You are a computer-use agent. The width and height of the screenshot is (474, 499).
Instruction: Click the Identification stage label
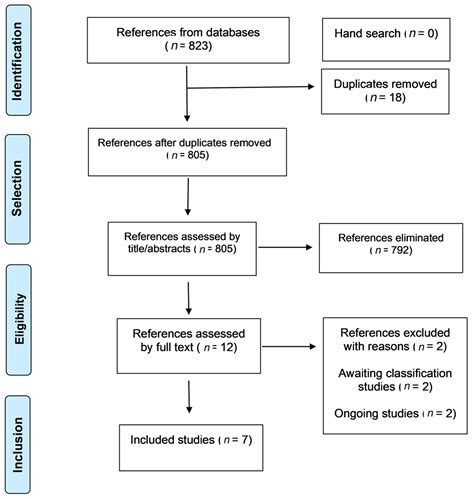pyautogui.click(x=17, y=61)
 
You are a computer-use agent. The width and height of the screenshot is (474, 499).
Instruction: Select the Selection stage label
pyautogui.click(x=17, y=189)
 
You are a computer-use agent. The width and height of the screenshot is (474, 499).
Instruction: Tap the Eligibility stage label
pyautogui.click(x=19, y=319)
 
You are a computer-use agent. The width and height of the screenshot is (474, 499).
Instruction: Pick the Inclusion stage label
pyautogui.click(x=18, y=445)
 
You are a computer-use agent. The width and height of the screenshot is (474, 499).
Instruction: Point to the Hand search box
pyautogui.click(x=386, y=40)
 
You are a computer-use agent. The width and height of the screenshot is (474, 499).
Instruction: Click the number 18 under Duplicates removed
pyautogui.click(x=395, y=97)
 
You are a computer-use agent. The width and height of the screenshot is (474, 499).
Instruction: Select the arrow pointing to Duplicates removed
pyautogui.click(x=251, y=87)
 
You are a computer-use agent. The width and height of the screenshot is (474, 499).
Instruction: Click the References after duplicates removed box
pyautogui.click(x=187, y=152)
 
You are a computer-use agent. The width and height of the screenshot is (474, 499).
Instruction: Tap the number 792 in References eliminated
pyautogui.click(x=400, y=250)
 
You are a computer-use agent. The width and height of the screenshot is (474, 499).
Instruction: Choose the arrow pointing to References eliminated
pyautogui.click(x=285, y=247)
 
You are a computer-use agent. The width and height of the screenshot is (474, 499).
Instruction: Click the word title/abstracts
pyautogui.click(x=159, y=249)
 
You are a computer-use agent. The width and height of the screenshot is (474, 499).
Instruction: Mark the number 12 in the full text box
pyautogui.click(x=227, y=347)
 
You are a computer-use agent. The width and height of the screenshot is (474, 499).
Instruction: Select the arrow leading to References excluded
pyautogui.click(x=289, y=347)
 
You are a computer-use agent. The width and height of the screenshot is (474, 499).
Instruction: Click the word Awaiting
pyautogui.click(x=362, y=374)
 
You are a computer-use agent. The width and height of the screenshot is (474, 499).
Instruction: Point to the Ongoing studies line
pyautogui.click(x=395, y=414)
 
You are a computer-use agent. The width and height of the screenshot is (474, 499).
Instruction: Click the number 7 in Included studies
pyautogui.click(x=245, y=440)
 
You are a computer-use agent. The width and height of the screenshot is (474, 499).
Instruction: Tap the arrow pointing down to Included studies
pyautogui.click(x=189, y=397)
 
